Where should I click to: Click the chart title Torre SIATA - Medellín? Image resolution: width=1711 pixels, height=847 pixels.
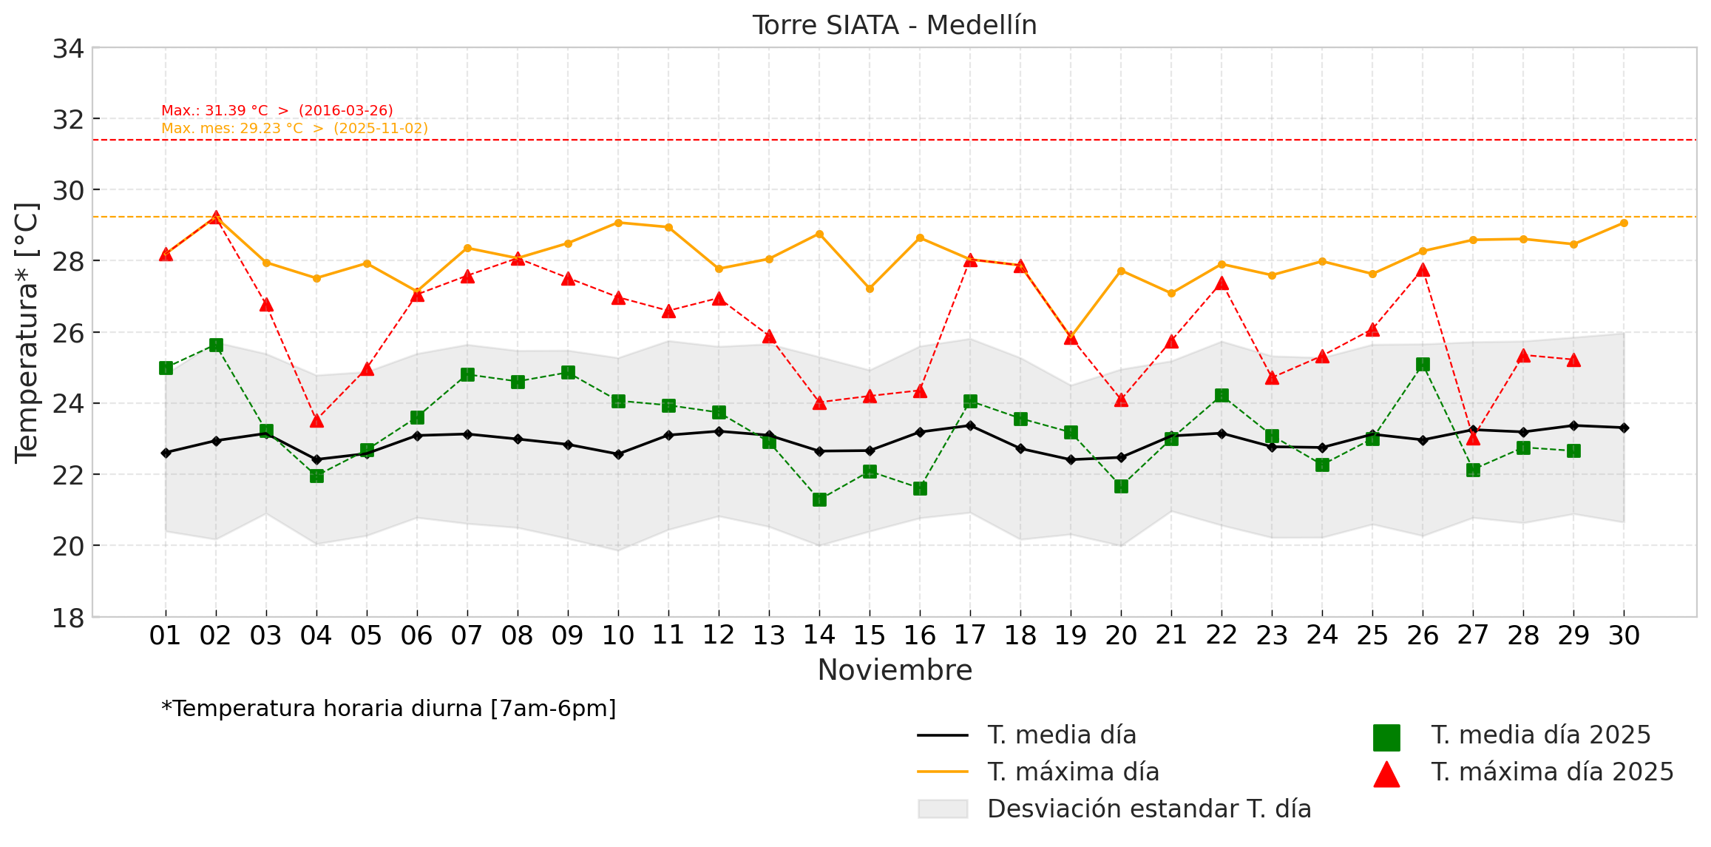(x=895, y=25)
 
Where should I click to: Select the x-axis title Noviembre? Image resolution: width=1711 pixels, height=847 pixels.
(x=895, y=670)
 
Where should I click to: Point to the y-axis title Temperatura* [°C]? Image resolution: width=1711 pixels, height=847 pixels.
(x=27, y=333)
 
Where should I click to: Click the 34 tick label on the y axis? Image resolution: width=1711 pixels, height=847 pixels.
(x=68, y=49)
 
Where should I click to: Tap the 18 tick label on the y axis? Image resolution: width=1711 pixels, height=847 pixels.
(x=68, y=618)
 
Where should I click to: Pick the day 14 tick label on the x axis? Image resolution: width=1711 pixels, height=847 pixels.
(x=819, y=635)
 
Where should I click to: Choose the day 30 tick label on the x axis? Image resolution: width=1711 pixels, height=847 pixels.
(x=1624, y=635)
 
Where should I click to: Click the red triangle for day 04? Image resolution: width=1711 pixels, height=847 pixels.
(x=316, y=420)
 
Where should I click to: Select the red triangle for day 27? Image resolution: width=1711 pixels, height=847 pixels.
(x=1473, y=438)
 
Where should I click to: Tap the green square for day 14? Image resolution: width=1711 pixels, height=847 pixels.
(x=819, y=499)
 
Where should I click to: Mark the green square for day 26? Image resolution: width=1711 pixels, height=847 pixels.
(x=1423, y=364)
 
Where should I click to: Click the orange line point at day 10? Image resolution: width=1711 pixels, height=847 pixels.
(x=618, y=223)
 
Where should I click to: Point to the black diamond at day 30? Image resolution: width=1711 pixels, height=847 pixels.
(x=1624, y=428)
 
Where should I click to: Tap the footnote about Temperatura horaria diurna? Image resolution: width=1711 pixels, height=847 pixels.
(x=389, y=709)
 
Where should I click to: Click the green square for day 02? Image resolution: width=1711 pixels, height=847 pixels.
(x=216, y=345)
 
